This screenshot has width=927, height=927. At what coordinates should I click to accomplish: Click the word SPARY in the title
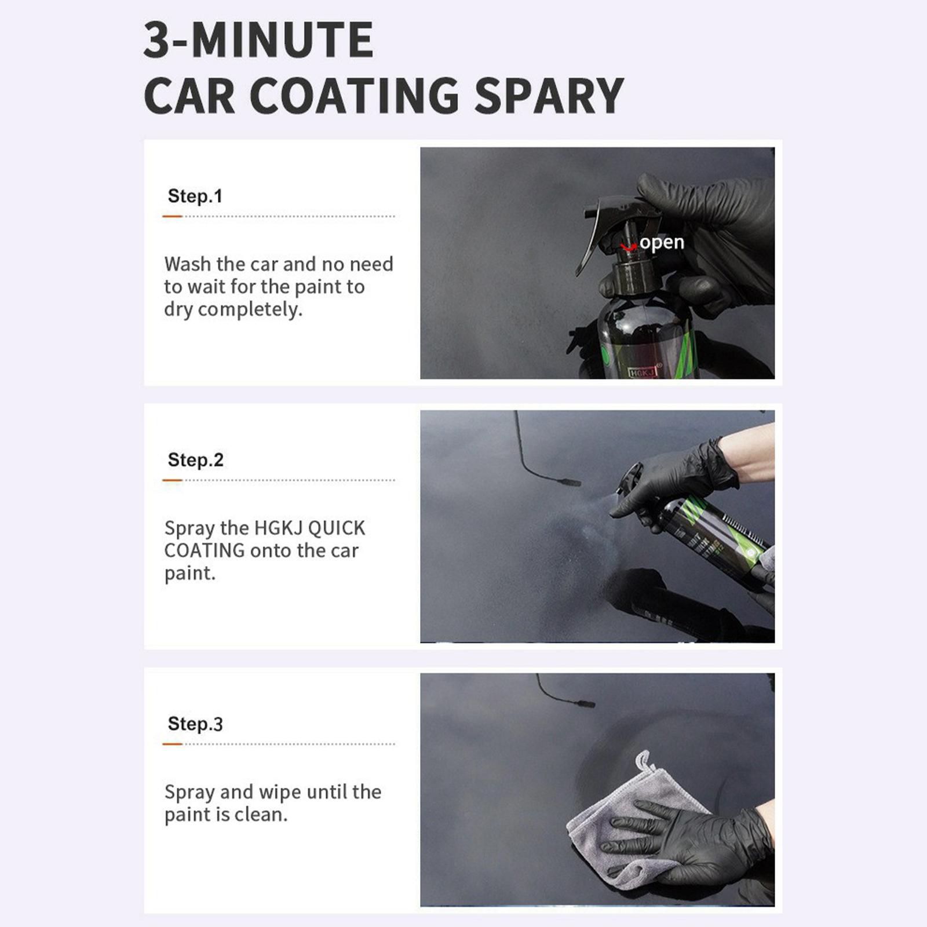(x=549, y=96)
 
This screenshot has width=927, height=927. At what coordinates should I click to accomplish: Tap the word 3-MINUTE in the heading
(x=258, y=40)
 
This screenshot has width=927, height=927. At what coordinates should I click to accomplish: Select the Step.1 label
(x=195, y=196)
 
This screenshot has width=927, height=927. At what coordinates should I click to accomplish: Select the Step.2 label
(x=195, y=459)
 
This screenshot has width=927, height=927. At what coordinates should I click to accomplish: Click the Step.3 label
(x=195, y=724)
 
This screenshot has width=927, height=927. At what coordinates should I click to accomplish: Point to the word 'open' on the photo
(x=662, y=243)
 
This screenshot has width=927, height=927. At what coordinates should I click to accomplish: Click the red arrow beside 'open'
(x=628, y=247)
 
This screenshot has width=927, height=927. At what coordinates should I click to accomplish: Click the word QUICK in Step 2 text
(x=337, y=528)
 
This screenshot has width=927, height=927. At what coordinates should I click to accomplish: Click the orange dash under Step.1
(x=172, y=216)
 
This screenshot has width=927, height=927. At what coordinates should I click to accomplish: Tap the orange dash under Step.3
(x=172, y=744)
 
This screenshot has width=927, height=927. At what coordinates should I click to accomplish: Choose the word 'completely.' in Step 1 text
(x=250, y=309)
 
